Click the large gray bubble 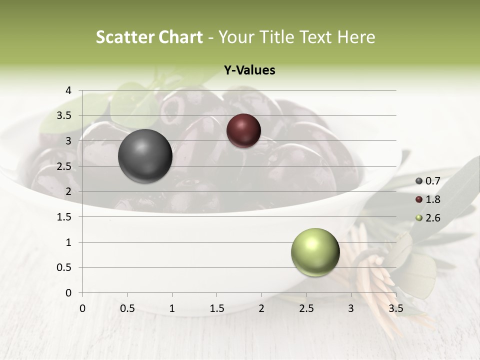click(145, 156)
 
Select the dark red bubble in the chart click(243, 130)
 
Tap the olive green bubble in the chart click(315, 252)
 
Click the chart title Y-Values click(249, 70)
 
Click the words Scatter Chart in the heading click(149, 37)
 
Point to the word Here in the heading click(355, 37)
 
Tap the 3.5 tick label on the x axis click(395, 308)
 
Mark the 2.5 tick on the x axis click(306, 308)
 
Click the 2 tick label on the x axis click(261, 308)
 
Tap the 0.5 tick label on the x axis click(127, 308)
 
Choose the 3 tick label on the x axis click(351, 308)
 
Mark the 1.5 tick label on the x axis click(216, 308)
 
